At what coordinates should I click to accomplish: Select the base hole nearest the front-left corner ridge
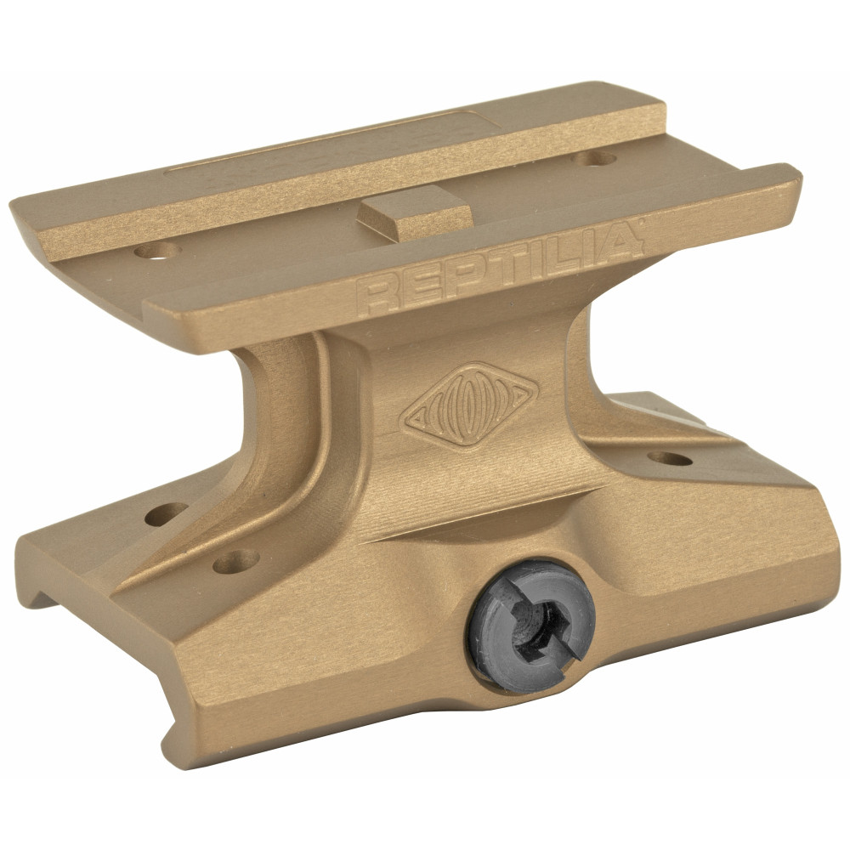click(x=235, y=559)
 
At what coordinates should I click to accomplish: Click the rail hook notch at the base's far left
click(x=42, y=595)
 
